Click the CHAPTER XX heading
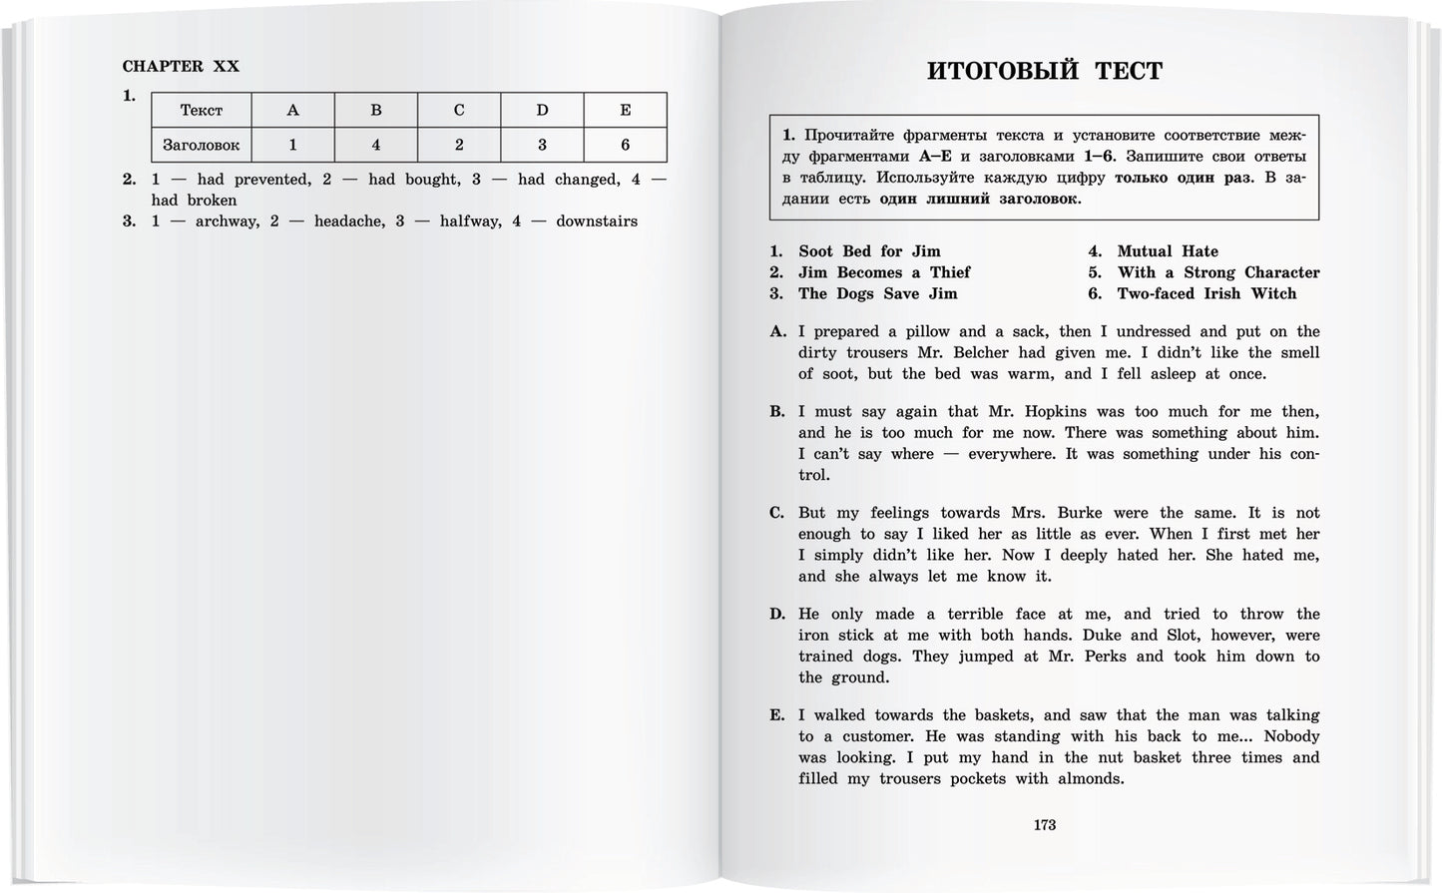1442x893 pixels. pyautogui.click(x=181, y=66)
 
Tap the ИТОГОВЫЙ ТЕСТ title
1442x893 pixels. pyautogui.click(x=1044, y=71)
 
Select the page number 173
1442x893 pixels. pyautogui.click(x=1044, y=824)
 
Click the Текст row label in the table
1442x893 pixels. pyautogui.click(x=201, y=110)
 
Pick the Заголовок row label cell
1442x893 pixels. pyautogui.click(x=201, y=145)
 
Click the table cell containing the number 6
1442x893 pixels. pyautogui.click(x=625, y=145)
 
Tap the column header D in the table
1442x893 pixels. pyautogui.click(x=542, y=110)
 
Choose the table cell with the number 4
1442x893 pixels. pyautogui.click(x=376, y=145)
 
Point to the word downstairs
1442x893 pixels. pyautogui.click(x=597, y=221)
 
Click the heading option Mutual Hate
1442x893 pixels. pyautogui.click(x=1168, y=251)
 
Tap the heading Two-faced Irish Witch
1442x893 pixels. pyautogui.click(x=1205, y=293)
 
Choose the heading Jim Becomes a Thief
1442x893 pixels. pyautogui.click(x=883, y=272)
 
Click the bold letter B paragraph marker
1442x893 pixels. pyautogui.click(x=777, y=411)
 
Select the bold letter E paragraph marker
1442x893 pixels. pyautogui.click(x=777, y=715)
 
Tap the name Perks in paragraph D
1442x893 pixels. pyautogui.click(x=1118, y=656)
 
